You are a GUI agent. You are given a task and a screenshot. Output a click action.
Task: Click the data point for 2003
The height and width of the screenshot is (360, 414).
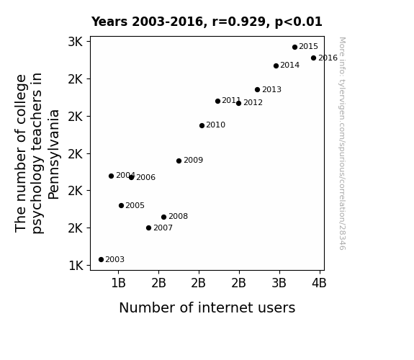(101, 260)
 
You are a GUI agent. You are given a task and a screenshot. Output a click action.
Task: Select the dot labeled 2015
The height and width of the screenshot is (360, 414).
(294, 47)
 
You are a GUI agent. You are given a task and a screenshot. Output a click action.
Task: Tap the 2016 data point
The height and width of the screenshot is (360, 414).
(313, 58)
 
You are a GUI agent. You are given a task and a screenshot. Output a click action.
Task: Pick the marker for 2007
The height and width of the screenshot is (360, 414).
(148, 228)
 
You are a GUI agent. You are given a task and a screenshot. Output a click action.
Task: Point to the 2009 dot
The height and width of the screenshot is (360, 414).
(179, 161)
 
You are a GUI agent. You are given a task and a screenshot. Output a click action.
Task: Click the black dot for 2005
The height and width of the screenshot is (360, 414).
(121, 205)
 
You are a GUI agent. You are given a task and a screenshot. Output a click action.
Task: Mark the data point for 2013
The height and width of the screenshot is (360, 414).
(258, 89)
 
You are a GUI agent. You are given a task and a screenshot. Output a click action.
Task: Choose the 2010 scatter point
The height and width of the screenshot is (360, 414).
(202, 125)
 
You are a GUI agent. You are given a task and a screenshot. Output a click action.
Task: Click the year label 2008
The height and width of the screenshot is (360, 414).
(179, 216)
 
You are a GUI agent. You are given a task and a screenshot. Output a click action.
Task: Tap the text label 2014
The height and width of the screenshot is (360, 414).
(290, 65)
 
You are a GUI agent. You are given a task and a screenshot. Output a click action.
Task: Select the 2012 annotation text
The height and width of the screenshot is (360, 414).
(253, 102)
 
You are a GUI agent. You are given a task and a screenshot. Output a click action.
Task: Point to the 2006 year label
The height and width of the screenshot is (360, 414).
(145, 177)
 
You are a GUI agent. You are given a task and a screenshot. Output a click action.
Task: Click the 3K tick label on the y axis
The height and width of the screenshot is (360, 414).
(76, 42)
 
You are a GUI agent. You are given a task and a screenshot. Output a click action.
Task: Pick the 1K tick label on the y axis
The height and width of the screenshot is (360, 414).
(76, 266)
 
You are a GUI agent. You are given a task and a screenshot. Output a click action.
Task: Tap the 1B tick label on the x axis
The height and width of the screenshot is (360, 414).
(118, 283)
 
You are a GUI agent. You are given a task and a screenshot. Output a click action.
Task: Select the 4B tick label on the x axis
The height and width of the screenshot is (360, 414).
(319, 283)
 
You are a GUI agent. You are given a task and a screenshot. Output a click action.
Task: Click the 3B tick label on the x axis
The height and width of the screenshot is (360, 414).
(279, 283)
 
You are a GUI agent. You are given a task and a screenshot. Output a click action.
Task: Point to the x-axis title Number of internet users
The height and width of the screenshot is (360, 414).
(207, 307)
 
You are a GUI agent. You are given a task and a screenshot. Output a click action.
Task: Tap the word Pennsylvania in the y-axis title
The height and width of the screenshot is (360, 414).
(54, 155)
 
